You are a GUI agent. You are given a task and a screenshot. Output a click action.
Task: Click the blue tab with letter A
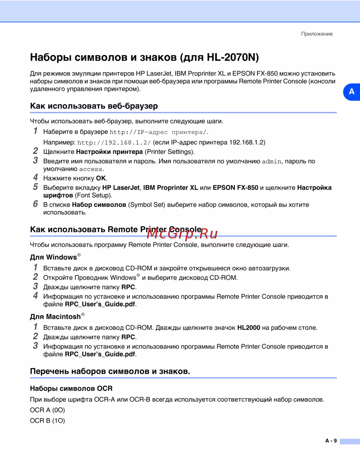coord(351,92)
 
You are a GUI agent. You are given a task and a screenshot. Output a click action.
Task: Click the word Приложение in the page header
coord(317,34)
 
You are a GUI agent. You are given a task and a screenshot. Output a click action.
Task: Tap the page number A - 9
coord(331,441)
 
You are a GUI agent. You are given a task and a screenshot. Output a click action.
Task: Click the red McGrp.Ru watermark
coord(182,234)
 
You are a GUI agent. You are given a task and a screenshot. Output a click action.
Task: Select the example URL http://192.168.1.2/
coord(114,143)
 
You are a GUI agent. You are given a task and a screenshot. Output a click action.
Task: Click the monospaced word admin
coord(272,162)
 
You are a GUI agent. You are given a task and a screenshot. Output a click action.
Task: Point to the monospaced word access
coord(91,169)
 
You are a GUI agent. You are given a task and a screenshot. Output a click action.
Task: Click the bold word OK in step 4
coord(101,178)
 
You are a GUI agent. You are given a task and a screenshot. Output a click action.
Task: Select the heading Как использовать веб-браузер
coord(94,106)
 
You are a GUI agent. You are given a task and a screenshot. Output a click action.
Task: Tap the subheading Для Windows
coord(54,257)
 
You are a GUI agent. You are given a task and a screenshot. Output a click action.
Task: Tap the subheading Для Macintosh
coord(55,317)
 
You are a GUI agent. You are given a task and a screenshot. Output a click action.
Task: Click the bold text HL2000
coord(248,328)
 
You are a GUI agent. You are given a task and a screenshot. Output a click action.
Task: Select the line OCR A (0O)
coord(48,410)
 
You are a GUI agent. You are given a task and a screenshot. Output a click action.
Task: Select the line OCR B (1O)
coord(48,421)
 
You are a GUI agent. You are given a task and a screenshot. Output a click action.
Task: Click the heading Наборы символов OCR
coord(71,389)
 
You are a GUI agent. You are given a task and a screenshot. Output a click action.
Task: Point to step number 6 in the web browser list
coord(35,204)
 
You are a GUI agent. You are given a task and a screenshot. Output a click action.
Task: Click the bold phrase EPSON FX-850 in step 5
coord(235,188)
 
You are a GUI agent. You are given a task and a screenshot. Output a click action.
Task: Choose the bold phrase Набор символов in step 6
coord(99,205)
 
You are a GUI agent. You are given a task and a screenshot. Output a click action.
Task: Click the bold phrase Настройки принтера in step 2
coord(109,152)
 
